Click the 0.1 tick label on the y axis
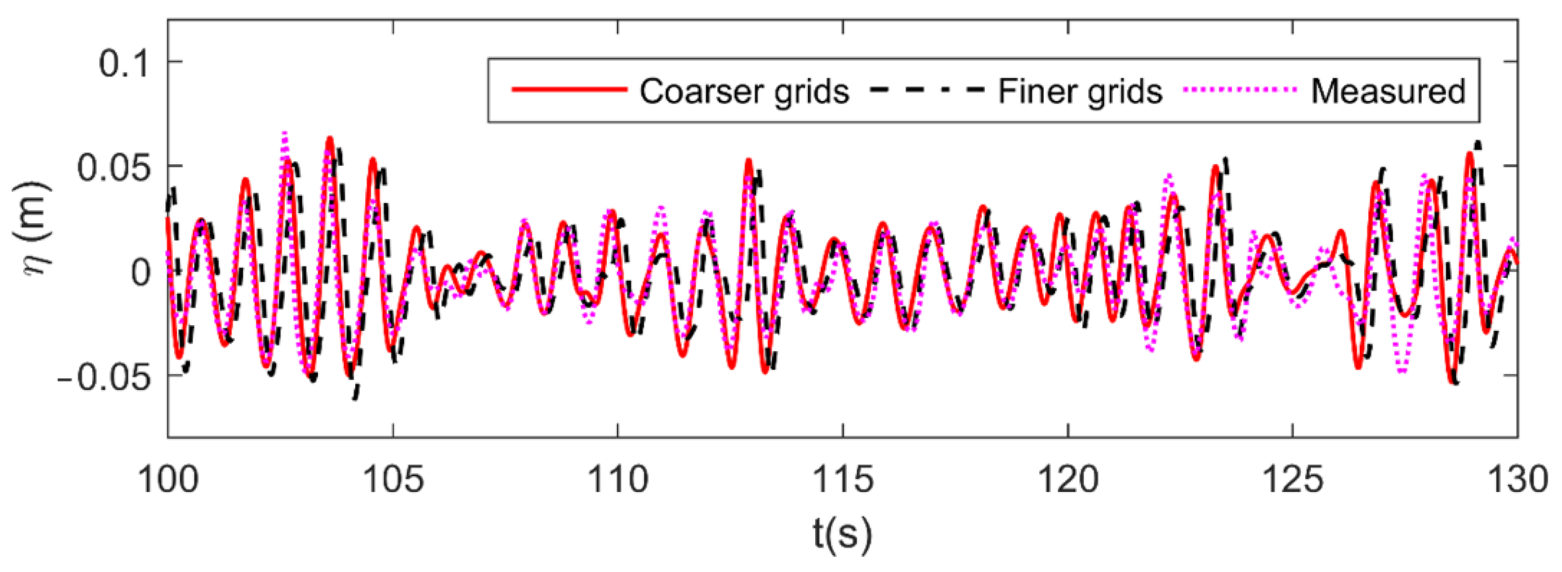124,63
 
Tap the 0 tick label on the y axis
140,273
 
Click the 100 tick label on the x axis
168,479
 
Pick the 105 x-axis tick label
393,479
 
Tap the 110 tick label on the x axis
618,479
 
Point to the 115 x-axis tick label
843,479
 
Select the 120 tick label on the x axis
1068,479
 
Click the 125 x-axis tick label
1292,479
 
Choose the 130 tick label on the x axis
1516,479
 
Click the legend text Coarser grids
744,92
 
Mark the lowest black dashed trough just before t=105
355,397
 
